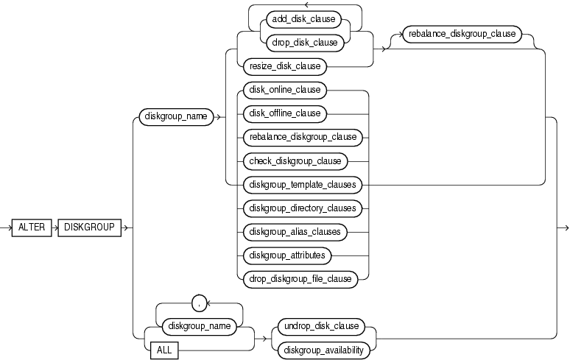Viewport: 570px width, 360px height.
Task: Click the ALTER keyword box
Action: [32, 227]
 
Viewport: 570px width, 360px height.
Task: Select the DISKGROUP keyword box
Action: [89, 227]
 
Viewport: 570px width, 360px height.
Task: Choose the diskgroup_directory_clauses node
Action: [301, 208]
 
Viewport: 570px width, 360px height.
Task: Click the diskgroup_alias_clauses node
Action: [294, 232]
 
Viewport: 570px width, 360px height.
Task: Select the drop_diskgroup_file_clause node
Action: [300, 278]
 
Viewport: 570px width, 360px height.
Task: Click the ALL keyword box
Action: [164, 350]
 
